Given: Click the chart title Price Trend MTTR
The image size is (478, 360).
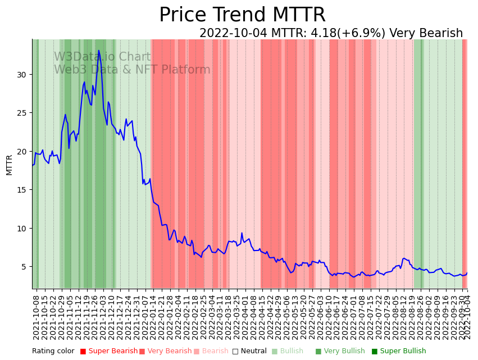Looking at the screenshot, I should click(x=242, y=15).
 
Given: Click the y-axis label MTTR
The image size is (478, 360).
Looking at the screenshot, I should click(x=10, y=165).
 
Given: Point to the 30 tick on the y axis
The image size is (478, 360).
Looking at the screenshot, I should click(x=25, y=75).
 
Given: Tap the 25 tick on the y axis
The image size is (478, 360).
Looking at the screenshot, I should click(x=25, y=113).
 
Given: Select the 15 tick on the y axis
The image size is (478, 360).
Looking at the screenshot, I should click(x=25, y=190).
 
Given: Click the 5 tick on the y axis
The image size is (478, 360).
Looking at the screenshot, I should click(x=27, y=267).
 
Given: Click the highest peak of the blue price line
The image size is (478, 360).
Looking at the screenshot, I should click(x=99, y=51).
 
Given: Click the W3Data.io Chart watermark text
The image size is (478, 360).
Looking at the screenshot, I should click(x=102, y=57).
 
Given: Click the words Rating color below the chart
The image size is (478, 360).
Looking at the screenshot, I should click(x=53, y=352).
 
